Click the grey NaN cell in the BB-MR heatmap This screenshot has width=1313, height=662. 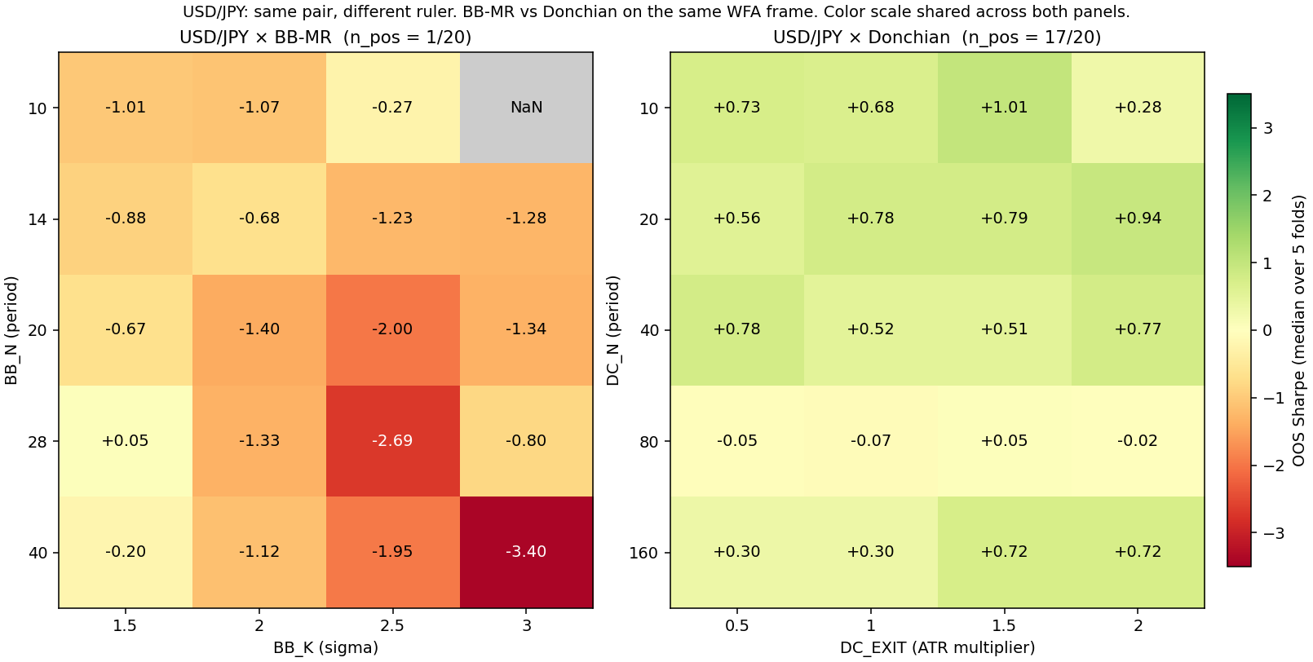(526, 108)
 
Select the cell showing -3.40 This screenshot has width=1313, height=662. (526, 552)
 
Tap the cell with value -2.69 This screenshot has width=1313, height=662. (393, 440)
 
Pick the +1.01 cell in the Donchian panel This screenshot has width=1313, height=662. (1005, 108)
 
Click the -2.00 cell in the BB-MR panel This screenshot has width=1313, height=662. (393, 329)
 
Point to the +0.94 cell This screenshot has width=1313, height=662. (1138, 218)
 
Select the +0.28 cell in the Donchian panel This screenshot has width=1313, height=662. (1138, 108)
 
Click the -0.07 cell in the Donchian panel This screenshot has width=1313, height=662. (871, 440)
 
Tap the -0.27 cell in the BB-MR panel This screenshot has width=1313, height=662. (393, 108)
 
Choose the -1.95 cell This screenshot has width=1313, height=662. (393, 552)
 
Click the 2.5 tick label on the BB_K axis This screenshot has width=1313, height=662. (393, 626)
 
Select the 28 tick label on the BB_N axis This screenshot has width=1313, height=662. (37, 440)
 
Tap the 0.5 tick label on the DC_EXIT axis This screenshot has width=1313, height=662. (736, 626)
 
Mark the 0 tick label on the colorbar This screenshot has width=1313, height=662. (1267, 330)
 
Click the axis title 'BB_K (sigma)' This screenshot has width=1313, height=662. (326, 647)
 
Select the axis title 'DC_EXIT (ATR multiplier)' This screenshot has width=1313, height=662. (938, 647)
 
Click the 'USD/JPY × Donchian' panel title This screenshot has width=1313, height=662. (861, 38)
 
